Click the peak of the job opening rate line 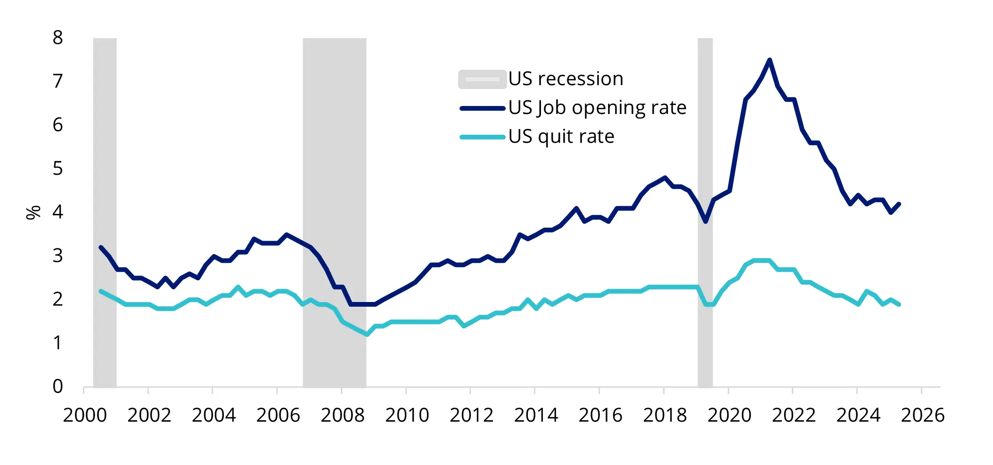click(769, 60)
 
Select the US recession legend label click(566, 79)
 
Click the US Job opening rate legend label click(597, 108)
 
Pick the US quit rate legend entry click(561, 137)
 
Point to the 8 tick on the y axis click(57, 38)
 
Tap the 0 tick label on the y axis click(57, 386)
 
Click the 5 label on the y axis click(57, 169)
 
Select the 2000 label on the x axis click(85, 415)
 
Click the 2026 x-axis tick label click(922, 415)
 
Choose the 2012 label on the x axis click(471, 415)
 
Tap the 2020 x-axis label click(729, 415)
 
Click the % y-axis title click(33, 212)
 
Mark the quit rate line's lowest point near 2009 click(367, 334)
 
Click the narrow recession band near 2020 click(705, 212)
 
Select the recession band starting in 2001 click(105, 212)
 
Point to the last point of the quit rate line click(899, 304)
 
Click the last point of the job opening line click(899, 204)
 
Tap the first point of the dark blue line click(101, 247)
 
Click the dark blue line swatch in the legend click(482, 108)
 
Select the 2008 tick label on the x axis click(342, 415)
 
